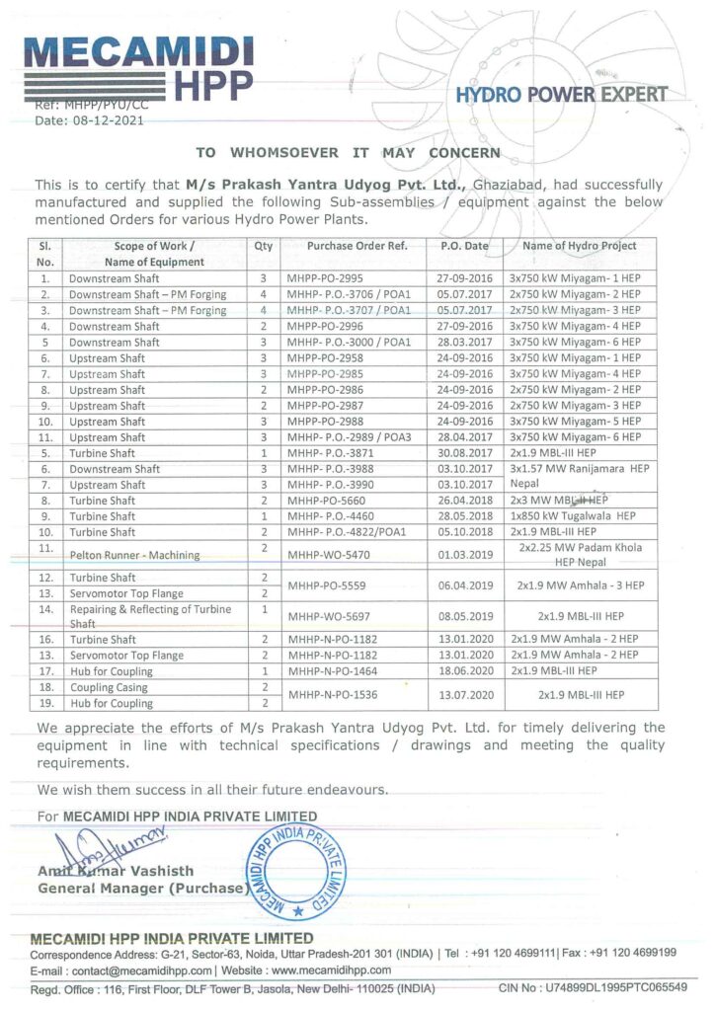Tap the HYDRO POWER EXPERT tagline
click(x=562, y=95)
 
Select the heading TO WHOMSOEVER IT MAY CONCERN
click(x=348, y=153)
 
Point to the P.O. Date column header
click(x=464, y=246)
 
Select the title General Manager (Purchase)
click(x=140, y=888)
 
